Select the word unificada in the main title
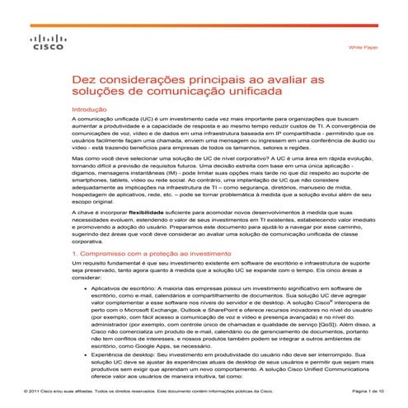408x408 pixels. point(251,94)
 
